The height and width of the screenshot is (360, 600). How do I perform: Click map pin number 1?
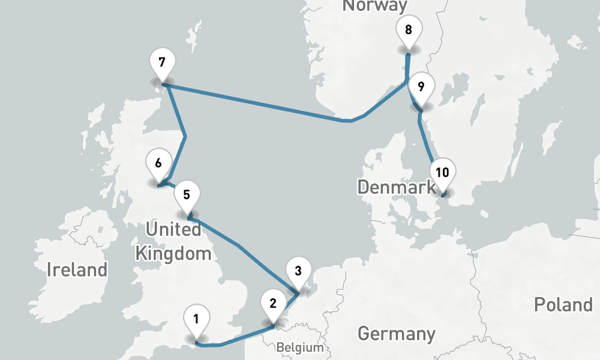pyautogui.click(x=196, y=319)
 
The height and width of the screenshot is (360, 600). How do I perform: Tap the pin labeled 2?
pyautogui.click(x=273, y=303)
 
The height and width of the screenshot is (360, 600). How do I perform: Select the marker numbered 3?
pyautogui.click(x=298, y=269)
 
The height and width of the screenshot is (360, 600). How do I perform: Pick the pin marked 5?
pyautogui.click(x=187, y=194)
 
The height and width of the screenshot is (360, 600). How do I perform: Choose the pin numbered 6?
pyautogui.click(x=158, y=163)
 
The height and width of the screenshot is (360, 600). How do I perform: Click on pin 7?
pyautogui.click(x=162, y=62)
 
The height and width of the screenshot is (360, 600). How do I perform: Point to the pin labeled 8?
pyautogui.click(x=409, y=29)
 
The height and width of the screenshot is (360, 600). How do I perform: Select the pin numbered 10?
pyautogui.click(x=442, y=173)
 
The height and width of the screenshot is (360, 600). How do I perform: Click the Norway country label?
pyautogui.click(x=374, y=6)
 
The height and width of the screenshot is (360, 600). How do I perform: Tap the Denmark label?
pyautogui.click(x=397, y=187)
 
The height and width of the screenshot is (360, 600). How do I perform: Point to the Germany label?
pyautogui.click(x=396, y=333)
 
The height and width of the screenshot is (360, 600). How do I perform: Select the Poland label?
pyautogui.click(x=563, y=304)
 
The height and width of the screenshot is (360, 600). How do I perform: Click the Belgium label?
pyautogui.click(x=299, y=347)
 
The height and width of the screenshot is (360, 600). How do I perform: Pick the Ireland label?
pyautogui.click(x=77, y=269)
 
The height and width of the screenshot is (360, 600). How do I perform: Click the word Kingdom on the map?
pyautogui.click(x=173, y=253)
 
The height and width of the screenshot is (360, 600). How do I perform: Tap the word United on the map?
pyautogui.click(x=173, y=230)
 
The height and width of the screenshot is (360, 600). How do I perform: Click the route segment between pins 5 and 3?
pyautogui.click(x=240, y=246)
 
